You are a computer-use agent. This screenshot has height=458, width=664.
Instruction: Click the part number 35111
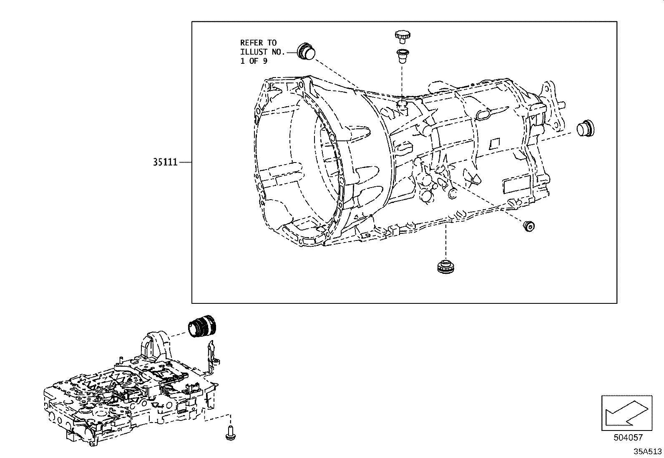(x=165, y=162)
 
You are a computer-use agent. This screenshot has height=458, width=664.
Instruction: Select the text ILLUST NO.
(x=262, y=52)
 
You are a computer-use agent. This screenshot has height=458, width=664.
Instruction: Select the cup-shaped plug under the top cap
(x=402, y=55)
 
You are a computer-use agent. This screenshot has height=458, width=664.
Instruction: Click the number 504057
(x=628, y=438)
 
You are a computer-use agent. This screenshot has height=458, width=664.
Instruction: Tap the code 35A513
(x=647, y=451)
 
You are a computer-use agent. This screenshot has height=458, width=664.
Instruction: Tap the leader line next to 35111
(x=185, y=162)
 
